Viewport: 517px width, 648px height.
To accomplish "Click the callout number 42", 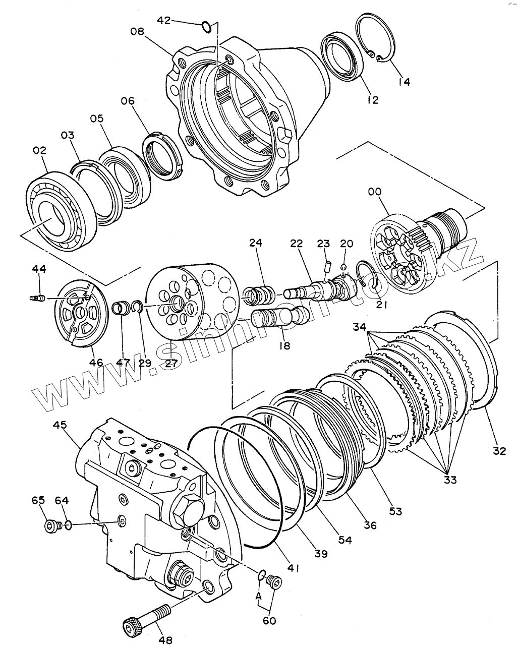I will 164,21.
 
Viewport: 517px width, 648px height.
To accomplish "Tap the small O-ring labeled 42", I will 205,26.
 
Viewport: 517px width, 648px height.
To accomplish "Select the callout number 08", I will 137,31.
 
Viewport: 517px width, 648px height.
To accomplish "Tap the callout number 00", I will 375,192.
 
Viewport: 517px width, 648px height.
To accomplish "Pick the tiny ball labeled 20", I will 343,267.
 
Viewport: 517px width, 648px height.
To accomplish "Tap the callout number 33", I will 450,480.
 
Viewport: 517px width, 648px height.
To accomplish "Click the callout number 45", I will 60,425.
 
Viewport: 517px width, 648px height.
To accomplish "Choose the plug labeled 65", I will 52,526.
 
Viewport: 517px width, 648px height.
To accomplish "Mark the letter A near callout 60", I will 259,595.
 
